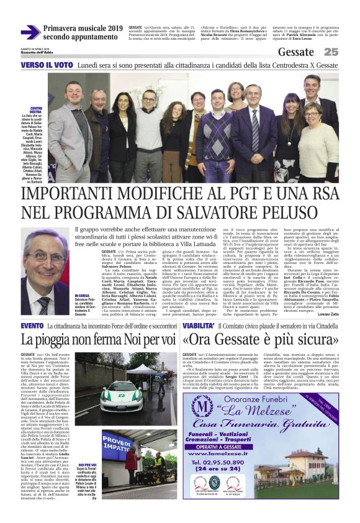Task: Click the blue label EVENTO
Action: pos(32,325)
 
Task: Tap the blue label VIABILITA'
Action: pos(198,325)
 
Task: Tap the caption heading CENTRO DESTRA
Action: pos(37,111)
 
